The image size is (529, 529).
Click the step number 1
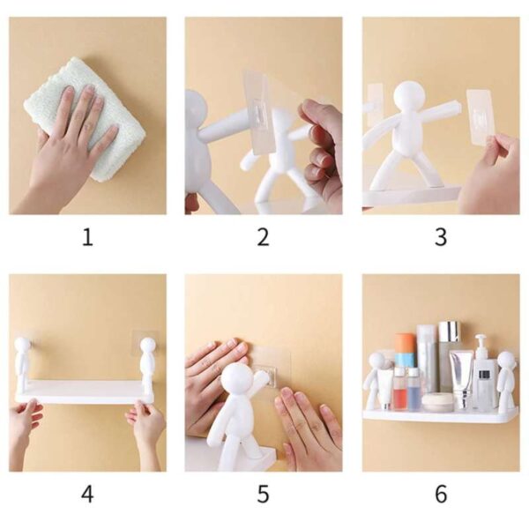pyautogui.click(x=87, y=237)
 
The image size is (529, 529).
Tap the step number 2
pyautogui.click(x=263, y=237)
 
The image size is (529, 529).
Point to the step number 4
pyautogui.click(x=87, y=494)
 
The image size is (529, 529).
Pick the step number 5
pyautogui.click(x=263, y=494)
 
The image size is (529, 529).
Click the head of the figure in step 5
pyautogui.click(x=236, y=380)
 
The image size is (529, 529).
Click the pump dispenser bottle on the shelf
pyautogui.click(x=482, y=375)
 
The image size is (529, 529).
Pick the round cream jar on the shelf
pyautogui.click(x=437, y=402)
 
